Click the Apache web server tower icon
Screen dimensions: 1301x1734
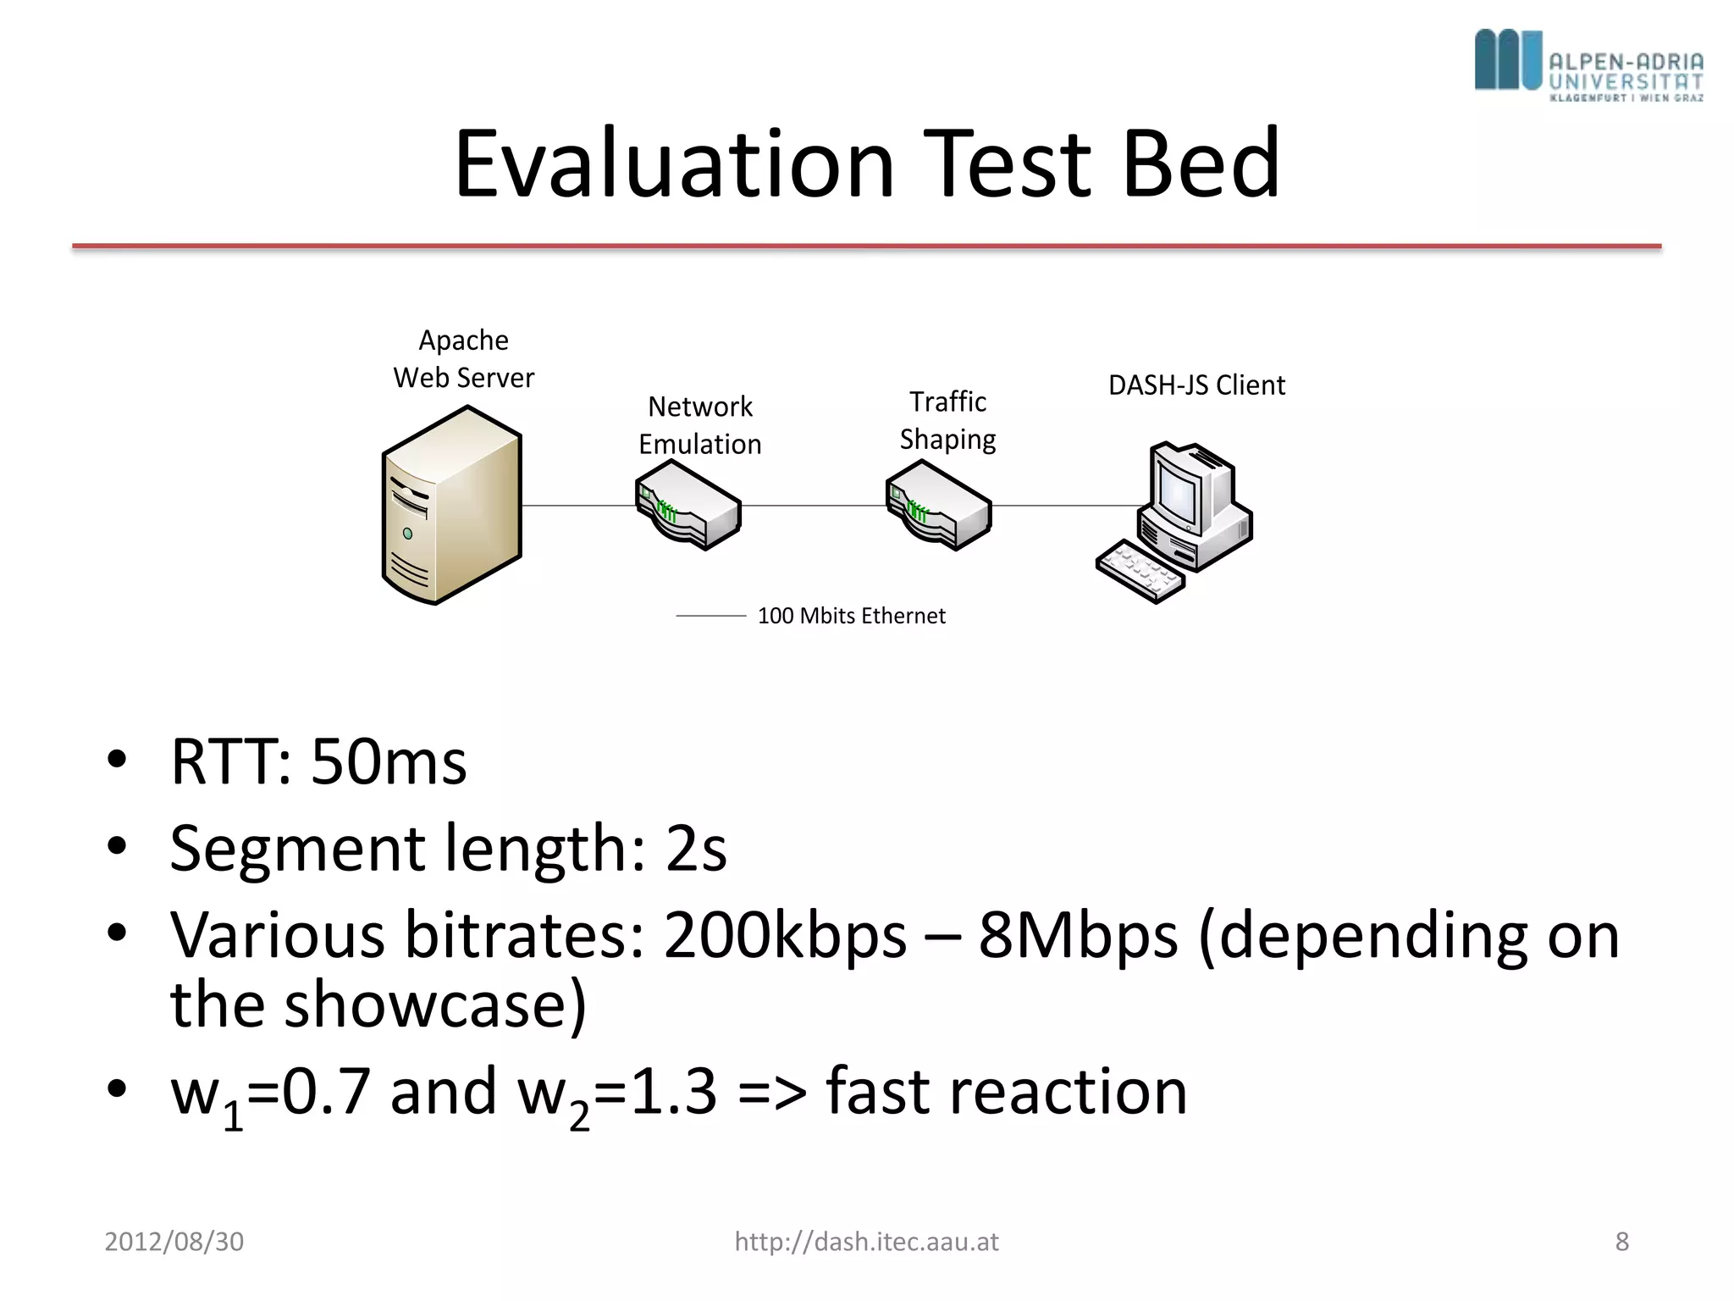pyautogui.click(x=451, y=506)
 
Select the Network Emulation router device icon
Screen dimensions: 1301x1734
pyautogui.click(x=688, y=506)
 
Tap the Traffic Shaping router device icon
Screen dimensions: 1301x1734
pyautogui.click(x=939, y=506)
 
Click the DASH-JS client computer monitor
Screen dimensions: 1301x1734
pyautogui.click(x=1179, y=491)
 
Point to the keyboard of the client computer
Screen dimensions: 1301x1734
pyautogui.click(x=1140, y=571)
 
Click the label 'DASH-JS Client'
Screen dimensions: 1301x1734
pyautogui.click(x=1196, y=385)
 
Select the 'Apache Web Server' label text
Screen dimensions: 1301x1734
pyautogui.click(x=464, y=359)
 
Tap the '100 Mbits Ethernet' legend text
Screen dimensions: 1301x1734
pyautogui.click(x=851, y=616)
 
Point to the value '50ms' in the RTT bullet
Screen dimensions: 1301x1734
pyautogui.click(x=389, y=761)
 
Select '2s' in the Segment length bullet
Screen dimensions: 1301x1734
pyautogui.click(x=696, y=848)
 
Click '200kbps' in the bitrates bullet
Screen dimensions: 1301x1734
pyautogui.click(x=785, y=935)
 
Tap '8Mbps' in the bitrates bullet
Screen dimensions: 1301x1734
pyautogui.click(x=1078, y=935)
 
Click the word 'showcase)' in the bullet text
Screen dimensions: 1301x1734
pyautogui.click(x=435, y=1005)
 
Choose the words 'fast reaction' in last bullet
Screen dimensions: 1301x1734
pyautogui.click(x=1006, y=1091)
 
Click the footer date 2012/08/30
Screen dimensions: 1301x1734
pyautogui.click(x=174, y=1242)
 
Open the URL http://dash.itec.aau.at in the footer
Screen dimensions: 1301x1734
pyautogui.click(x=866, y=1242)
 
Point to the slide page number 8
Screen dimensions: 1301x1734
pyautogui.click(x=1621, y=1242)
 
